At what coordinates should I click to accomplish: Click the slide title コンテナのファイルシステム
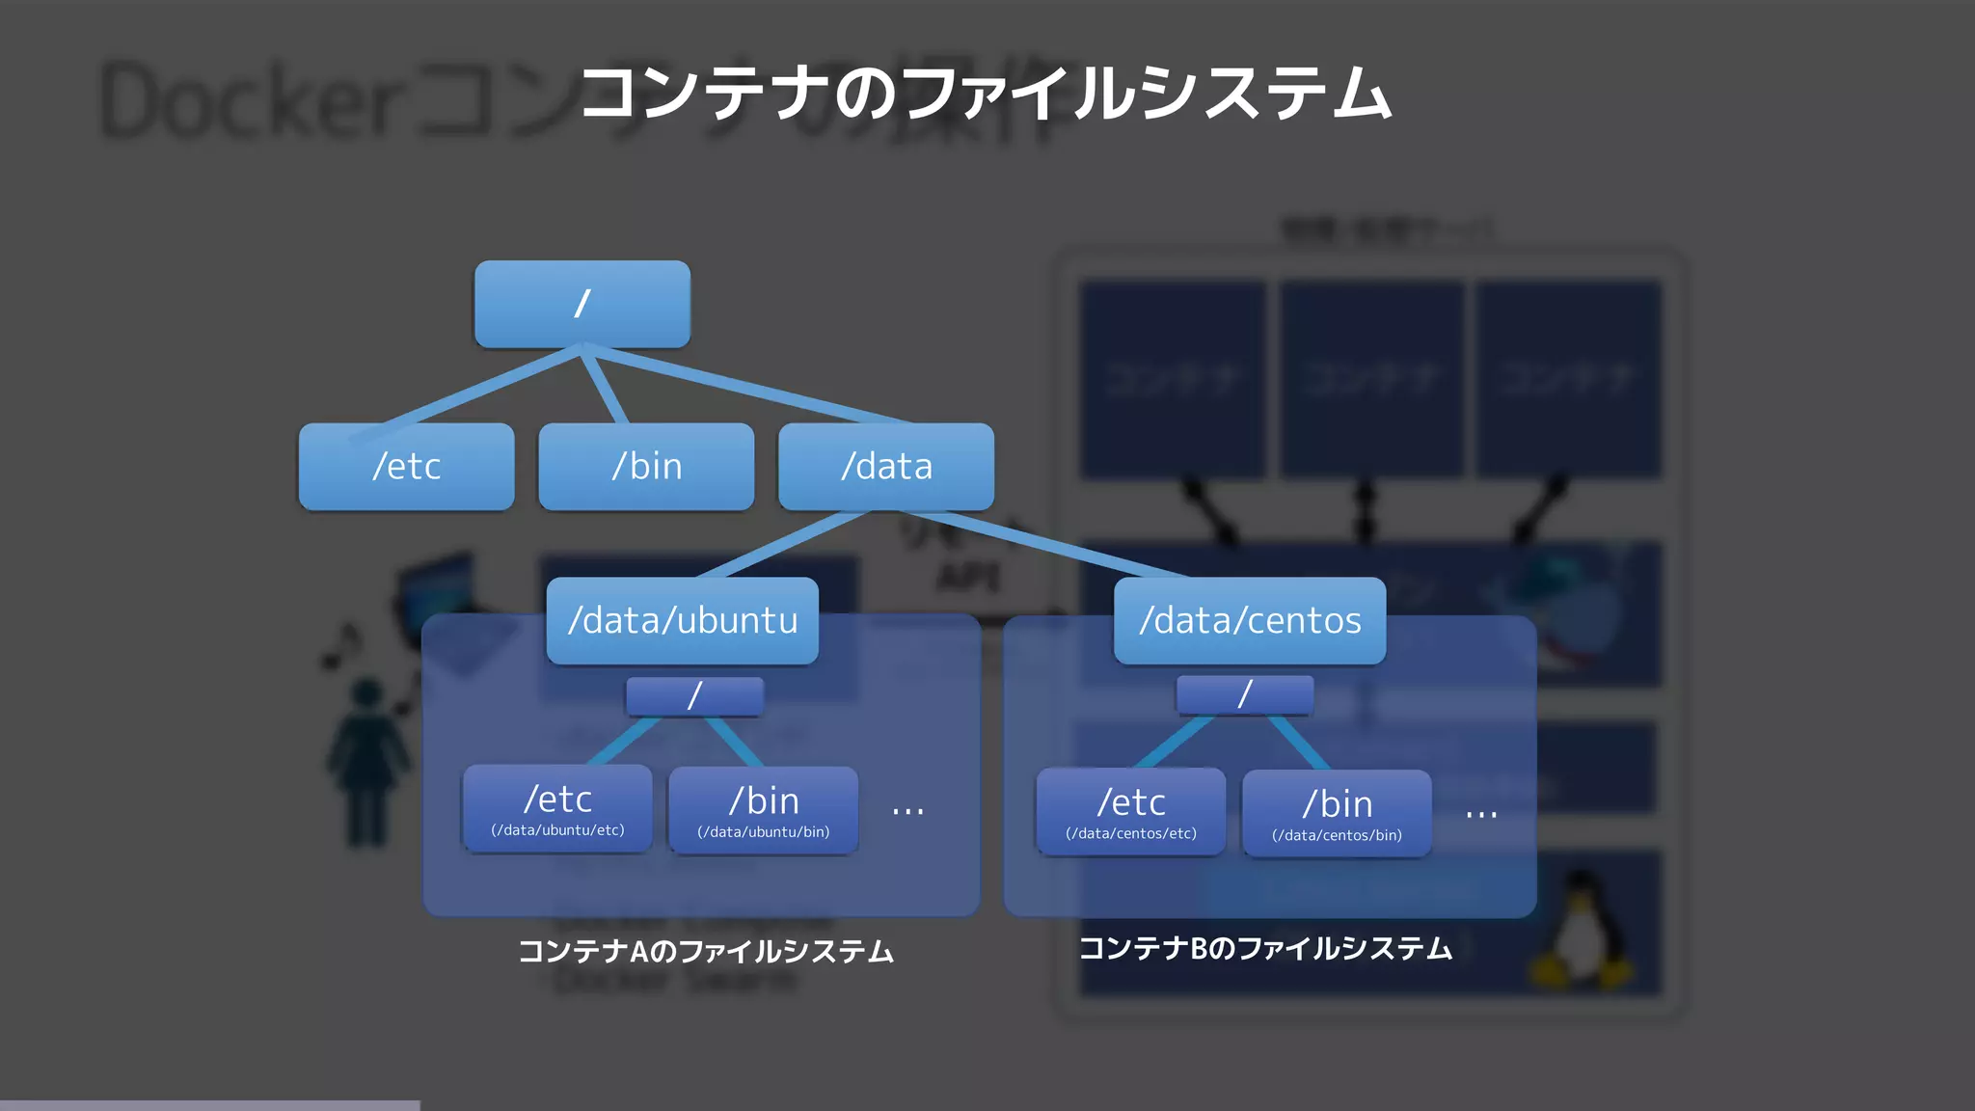(x=986, y=94)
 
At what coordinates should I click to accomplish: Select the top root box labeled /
(x=582, y=304)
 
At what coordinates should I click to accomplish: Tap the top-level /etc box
(x=406, y=467)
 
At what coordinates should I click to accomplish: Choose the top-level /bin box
(x=646, y=467)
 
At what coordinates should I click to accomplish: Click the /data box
(x=885, y=467)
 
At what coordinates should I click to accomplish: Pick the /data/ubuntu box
(x=682, y=620)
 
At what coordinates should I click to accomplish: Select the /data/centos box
(x=1249, y=620)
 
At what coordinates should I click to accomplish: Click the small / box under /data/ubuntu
(x=694, y=695)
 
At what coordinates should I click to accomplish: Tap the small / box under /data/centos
(x=1244, y=694)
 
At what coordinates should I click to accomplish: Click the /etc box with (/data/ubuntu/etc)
(x=557, y=808)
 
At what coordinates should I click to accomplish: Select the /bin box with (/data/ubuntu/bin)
(x=763, y=810)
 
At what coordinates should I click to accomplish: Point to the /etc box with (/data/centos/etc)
(x=1130, y=812)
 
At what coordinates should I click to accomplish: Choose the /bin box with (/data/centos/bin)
(x=1337, y=814)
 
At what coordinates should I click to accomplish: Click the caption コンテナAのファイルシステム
(x=706, y=952)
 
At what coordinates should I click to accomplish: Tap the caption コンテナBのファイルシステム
(x=1264, y=949)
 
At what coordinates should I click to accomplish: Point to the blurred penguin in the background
(x=1580, y=931)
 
